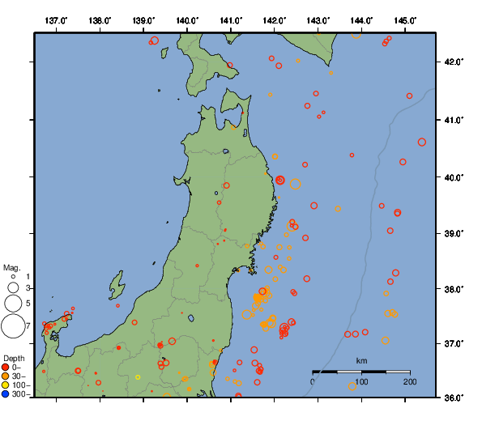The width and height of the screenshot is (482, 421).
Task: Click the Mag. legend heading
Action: pos(11,267)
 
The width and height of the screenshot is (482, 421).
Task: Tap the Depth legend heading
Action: pos(14,358)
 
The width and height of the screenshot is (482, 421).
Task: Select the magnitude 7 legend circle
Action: pos(13,326)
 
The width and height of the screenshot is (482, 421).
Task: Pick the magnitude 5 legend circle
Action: pos(13,304)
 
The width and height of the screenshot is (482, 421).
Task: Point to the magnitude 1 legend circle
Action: pos(13,277)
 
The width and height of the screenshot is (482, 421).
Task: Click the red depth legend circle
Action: pos(6,368)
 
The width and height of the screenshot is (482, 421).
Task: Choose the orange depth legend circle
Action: pos(6,376)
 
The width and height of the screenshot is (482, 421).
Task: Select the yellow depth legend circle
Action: pos(6,385)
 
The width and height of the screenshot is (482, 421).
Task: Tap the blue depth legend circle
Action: pos(6,394)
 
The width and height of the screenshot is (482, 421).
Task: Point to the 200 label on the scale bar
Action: pos(410,381)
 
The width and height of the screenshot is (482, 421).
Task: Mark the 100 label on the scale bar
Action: pos(361,381)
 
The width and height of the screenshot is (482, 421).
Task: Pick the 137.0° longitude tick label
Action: pos(56,20)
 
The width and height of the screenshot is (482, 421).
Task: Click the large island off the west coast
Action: pos(117,286)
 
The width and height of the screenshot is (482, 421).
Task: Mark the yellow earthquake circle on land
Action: pos(138,376)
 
